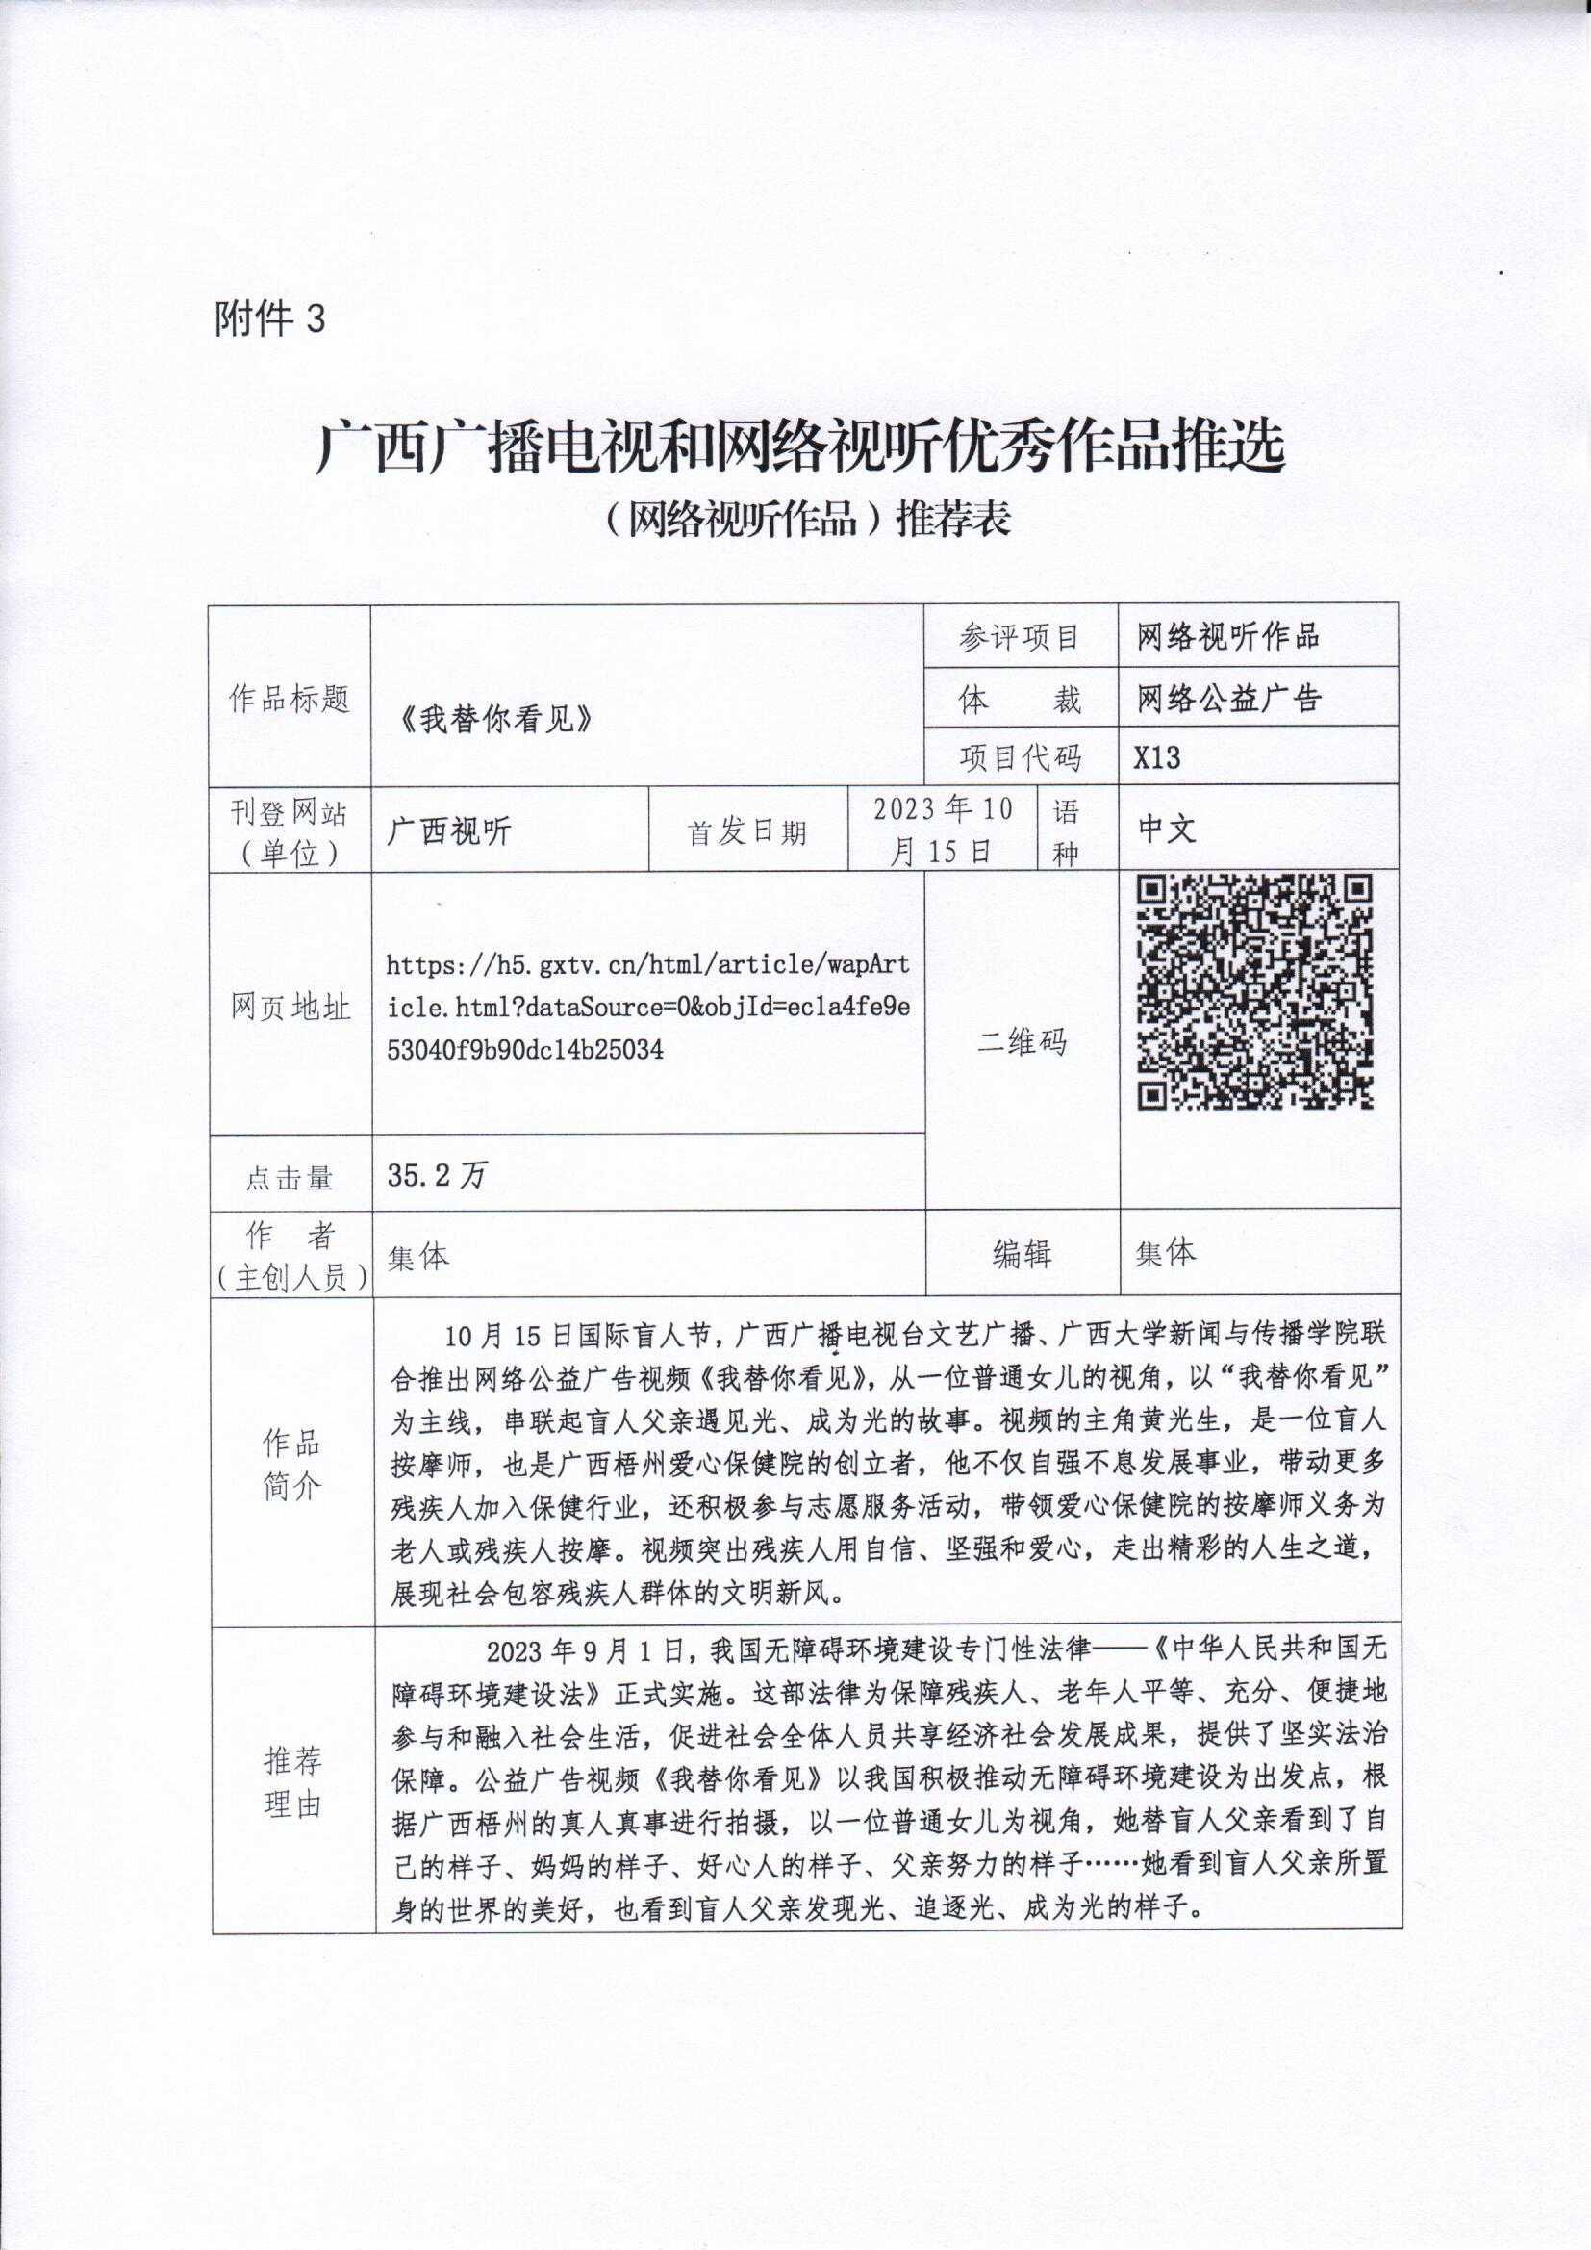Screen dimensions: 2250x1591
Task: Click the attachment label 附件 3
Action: pos(268,320)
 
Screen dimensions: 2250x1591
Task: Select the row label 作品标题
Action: pos(289,699)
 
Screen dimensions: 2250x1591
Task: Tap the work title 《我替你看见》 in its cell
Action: pos(497,720)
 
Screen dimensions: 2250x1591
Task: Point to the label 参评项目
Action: pos(1020,638)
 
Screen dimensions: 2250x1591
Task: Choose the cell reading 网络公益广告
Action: pos(1228,699)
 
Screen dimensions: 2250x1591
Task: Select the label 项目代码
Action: pos(1020,757)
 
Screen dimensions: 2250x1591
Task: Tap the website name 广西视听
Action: pos(449,831)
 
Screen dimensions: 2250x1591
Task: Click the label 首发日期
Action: pos(746,832)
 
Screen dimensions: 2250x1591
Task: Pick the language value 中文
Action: pos(1167,829)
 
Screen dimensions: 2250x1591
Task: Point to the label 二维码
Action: pos(1021,1040)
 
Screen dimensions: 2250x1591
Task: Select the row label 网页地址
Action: pos(290,1007)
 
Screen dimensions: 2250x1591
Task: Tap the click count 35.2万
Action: pos(437,1175)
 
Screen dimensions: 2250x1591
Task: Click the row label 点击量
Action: pos(289,1177)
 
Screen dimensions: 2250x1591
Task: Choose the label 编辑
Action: pos(1021,1253)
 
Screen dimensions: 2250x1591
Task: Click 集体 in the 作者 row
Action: pos(418,1256)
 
